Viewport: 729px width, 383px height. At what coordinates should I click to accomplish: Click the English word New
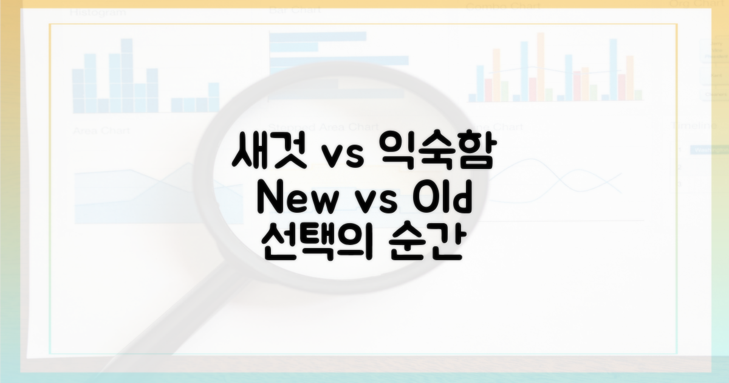(x=292, y=201)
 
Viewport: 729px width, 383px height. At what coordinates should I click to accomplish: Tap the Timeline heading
(x=694, y=125)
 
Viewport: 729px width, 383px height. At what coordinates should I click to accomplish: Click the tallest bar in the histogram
(x=126, y=75)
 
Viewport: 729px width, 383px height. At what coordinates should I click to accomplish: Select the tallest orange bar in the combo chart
(x=540, y=67)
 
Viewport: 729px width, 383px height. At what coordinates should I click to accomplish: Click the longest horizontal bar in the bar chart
(x=338, y=61)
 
